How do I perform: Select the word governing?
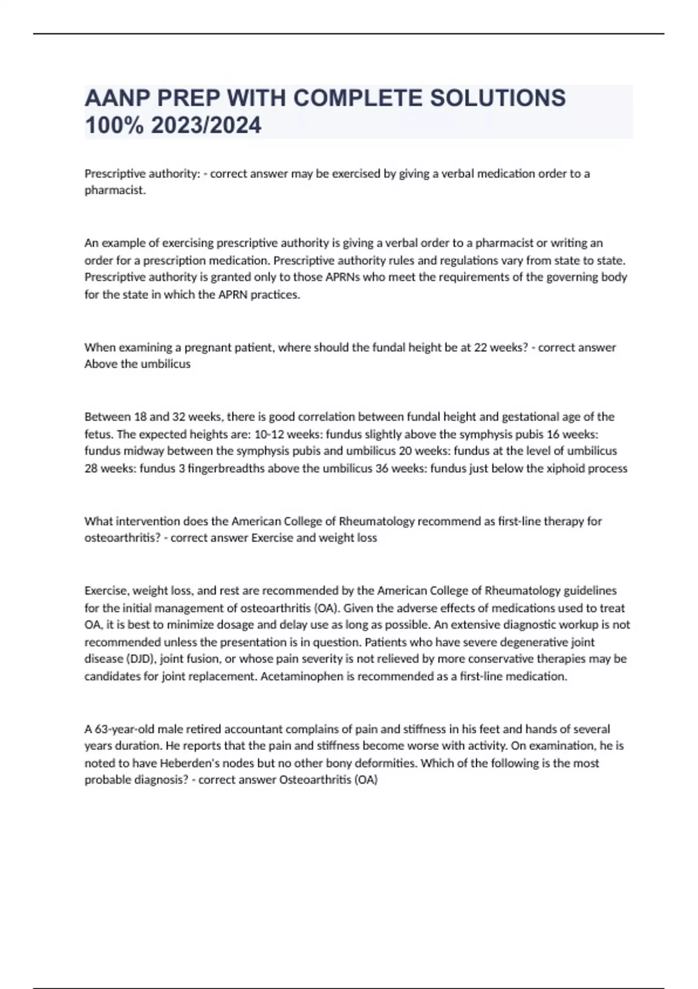click(572, 277)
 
